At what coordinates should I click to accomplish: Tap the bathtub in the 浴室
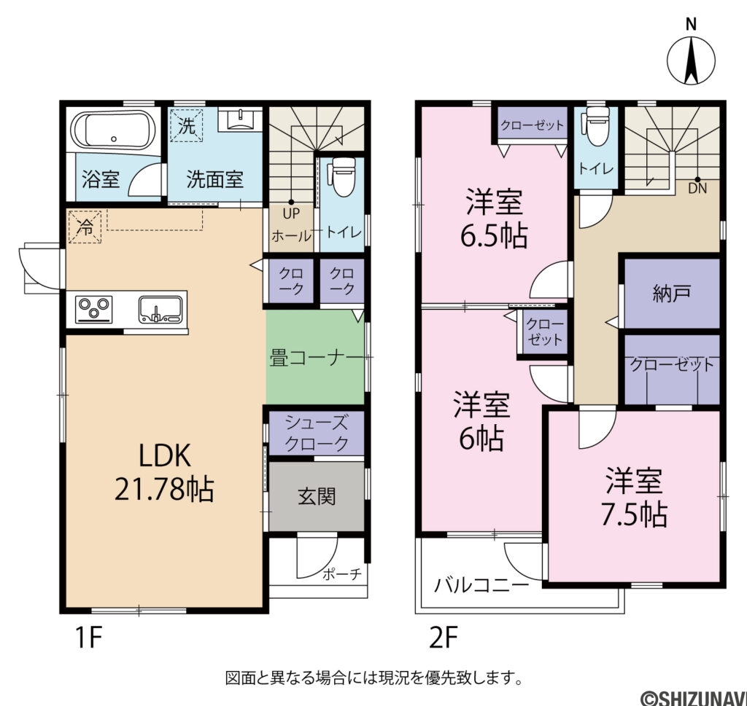click(x=113, y=131)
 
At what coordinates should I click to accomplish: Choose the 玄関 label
click(x=317, y=497)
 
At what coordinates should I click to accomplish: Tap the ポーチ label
click(x=342, y=574)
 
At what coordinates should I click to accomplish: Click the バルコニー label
click(x=481, y=585)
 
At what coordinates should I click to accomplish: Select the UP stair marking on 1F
click(x=291, y=213)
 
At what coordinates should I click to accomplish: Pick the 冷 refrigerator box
click(x=85, y=227)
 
